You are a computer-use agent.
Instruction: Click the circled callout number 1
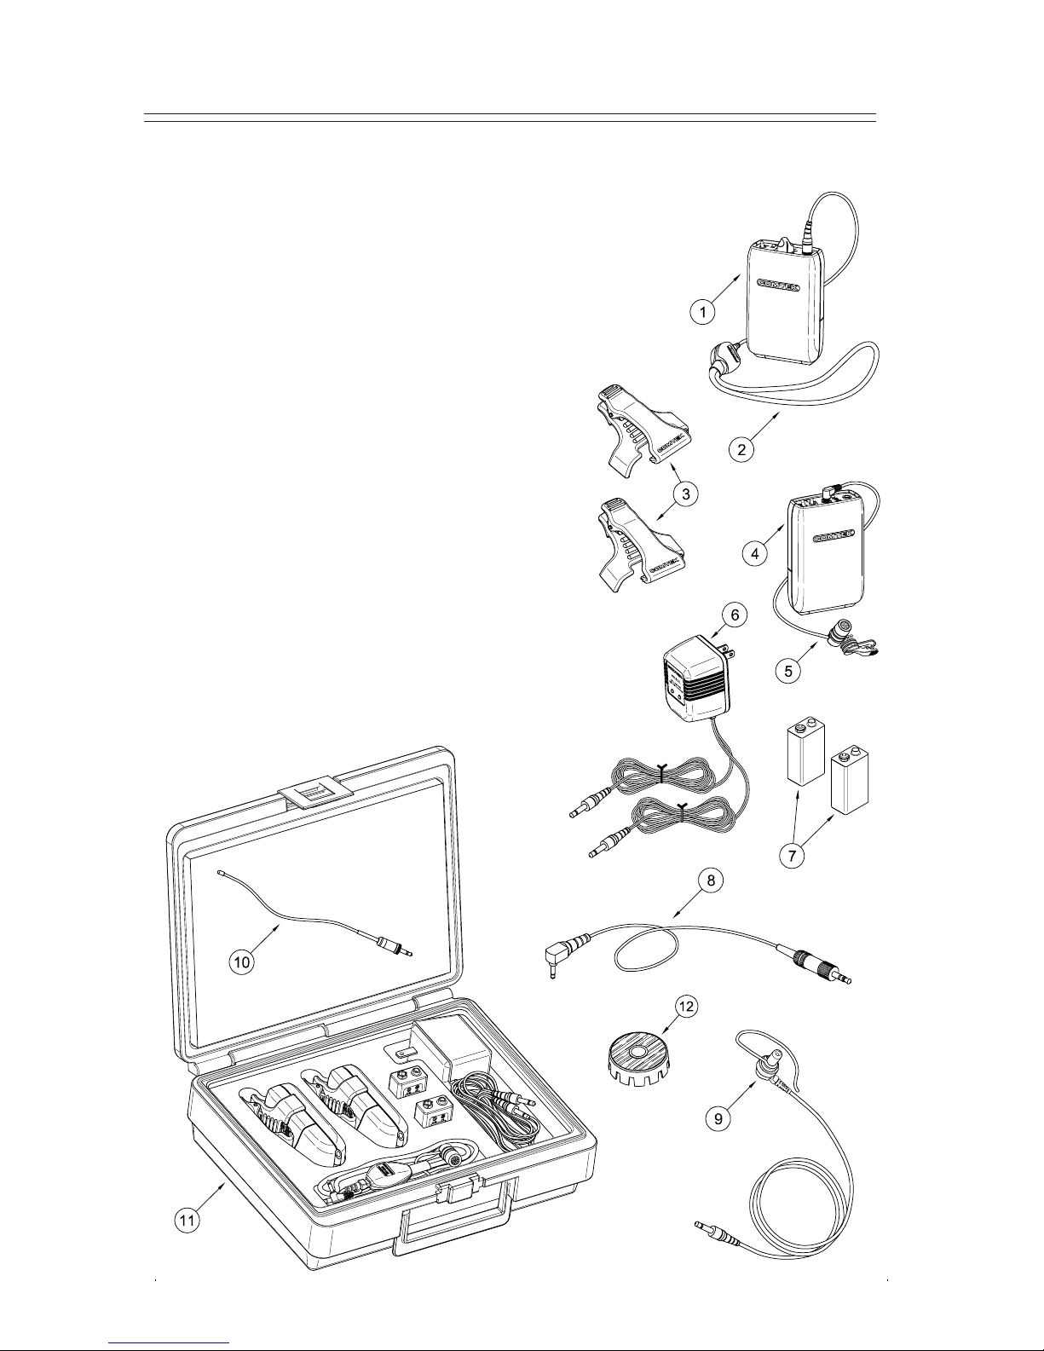click(702, 311)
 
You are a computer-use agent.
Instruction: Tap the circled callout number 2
click(741, 449)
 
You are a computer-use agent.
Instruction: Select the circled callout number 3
click(685, 494)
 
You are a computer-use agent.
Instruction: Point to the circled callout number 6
click(735, 615)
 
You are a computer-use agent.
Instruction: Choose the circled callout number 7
click(792, 856)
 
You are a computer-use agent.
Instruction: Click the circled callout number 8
click(711, 880)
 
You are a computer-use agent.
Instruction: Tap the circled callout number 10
click(242, 962)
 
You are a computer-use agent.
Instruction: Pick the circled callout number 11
click(187, 1221)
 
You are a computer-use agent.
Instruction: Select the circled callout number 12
click(686, 1007)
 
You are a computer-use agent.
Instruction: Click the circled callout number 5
click(788, 672)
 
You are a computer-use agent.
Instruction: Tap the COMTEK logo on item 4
click(834, 534)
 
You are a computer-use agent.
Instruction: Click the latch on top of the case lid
click(315, 794)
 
